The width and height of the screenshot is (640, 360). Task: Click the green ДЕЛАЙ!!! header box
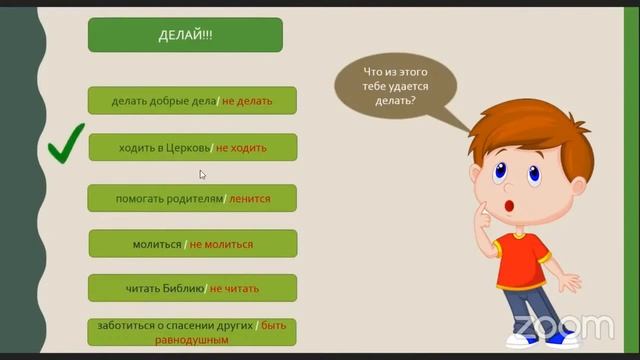(x=185, y=35)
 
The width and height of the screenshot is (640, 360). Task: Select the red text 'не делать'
(x=246, y=101)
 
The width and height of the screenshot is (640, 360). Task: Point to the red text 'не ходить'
(x=241, y=148)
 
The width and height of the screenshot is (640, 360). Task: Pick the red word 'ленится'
(x=249, y=199)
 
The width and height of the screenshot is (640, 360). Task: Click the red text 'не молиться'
(x=221, y=244)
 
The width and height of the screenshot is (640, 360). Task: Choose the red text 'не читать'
(x=234, y=289)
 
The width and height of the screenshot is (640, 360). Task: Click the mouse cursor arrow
(x=202, y=174)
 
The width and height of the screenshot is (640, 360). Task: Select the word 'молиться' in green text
(x=157, y=244)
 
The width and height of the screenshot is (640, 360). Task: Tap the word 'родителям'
(x=193, y=199)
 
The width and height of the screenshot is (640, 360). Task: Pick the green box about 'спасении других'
(x=193, y=332)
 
